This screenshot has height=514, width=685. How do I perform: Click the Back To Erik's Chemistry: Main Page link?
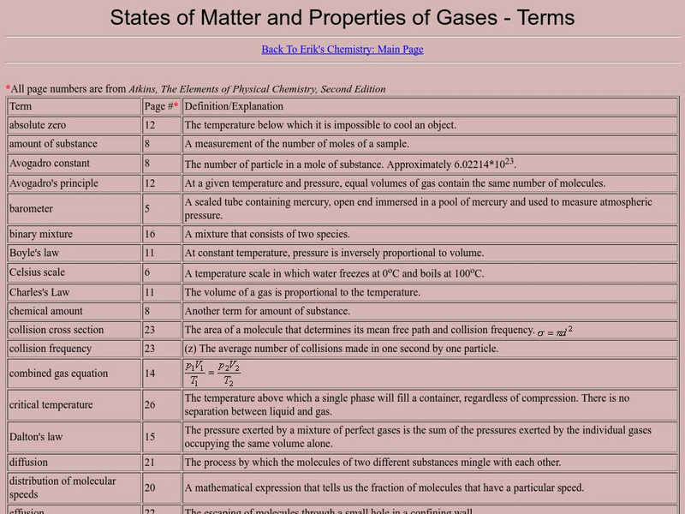tap(342, 49)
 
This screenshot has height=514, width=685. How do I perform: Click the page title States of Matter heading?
tap(342, 17)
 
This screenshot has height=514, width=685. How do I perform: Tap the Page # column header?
tap(161, 106)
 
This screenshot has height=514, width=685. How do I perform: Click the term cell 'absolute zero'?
tap(38, 125)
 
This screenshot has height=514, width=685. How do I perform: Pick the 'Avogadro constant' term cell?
tap(50, 163)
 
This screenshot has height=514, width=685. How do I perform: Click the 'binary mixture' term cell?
tap(41, 234)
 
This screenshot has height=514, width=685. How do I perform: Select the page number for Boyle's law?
tap(150, 253)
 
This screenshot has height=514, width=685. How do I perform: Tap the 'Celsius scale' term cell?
tap(38, 272)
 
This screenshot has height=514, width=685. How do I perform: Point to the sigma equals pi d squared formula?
tap(555, 331)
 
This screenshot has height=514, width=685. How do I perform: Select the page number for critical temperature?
tap(150, 405)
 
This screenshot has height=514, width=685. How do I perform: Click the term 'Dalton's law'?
tap(36, 437)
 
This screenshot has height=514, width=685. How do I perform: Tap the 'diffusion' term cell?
tap(29, 463)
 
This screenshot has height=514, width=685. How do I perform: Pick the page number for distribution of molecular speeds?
tap(150, 487)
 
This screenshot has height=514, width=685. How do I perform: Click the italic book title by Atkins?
tap(257, 88)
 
